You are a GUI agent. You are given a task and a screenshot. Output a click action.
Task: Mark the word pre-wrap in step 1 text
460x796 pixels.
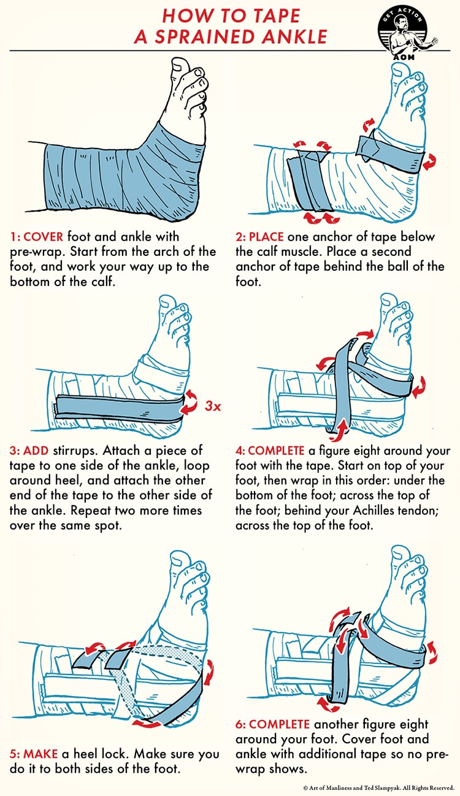37,252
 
